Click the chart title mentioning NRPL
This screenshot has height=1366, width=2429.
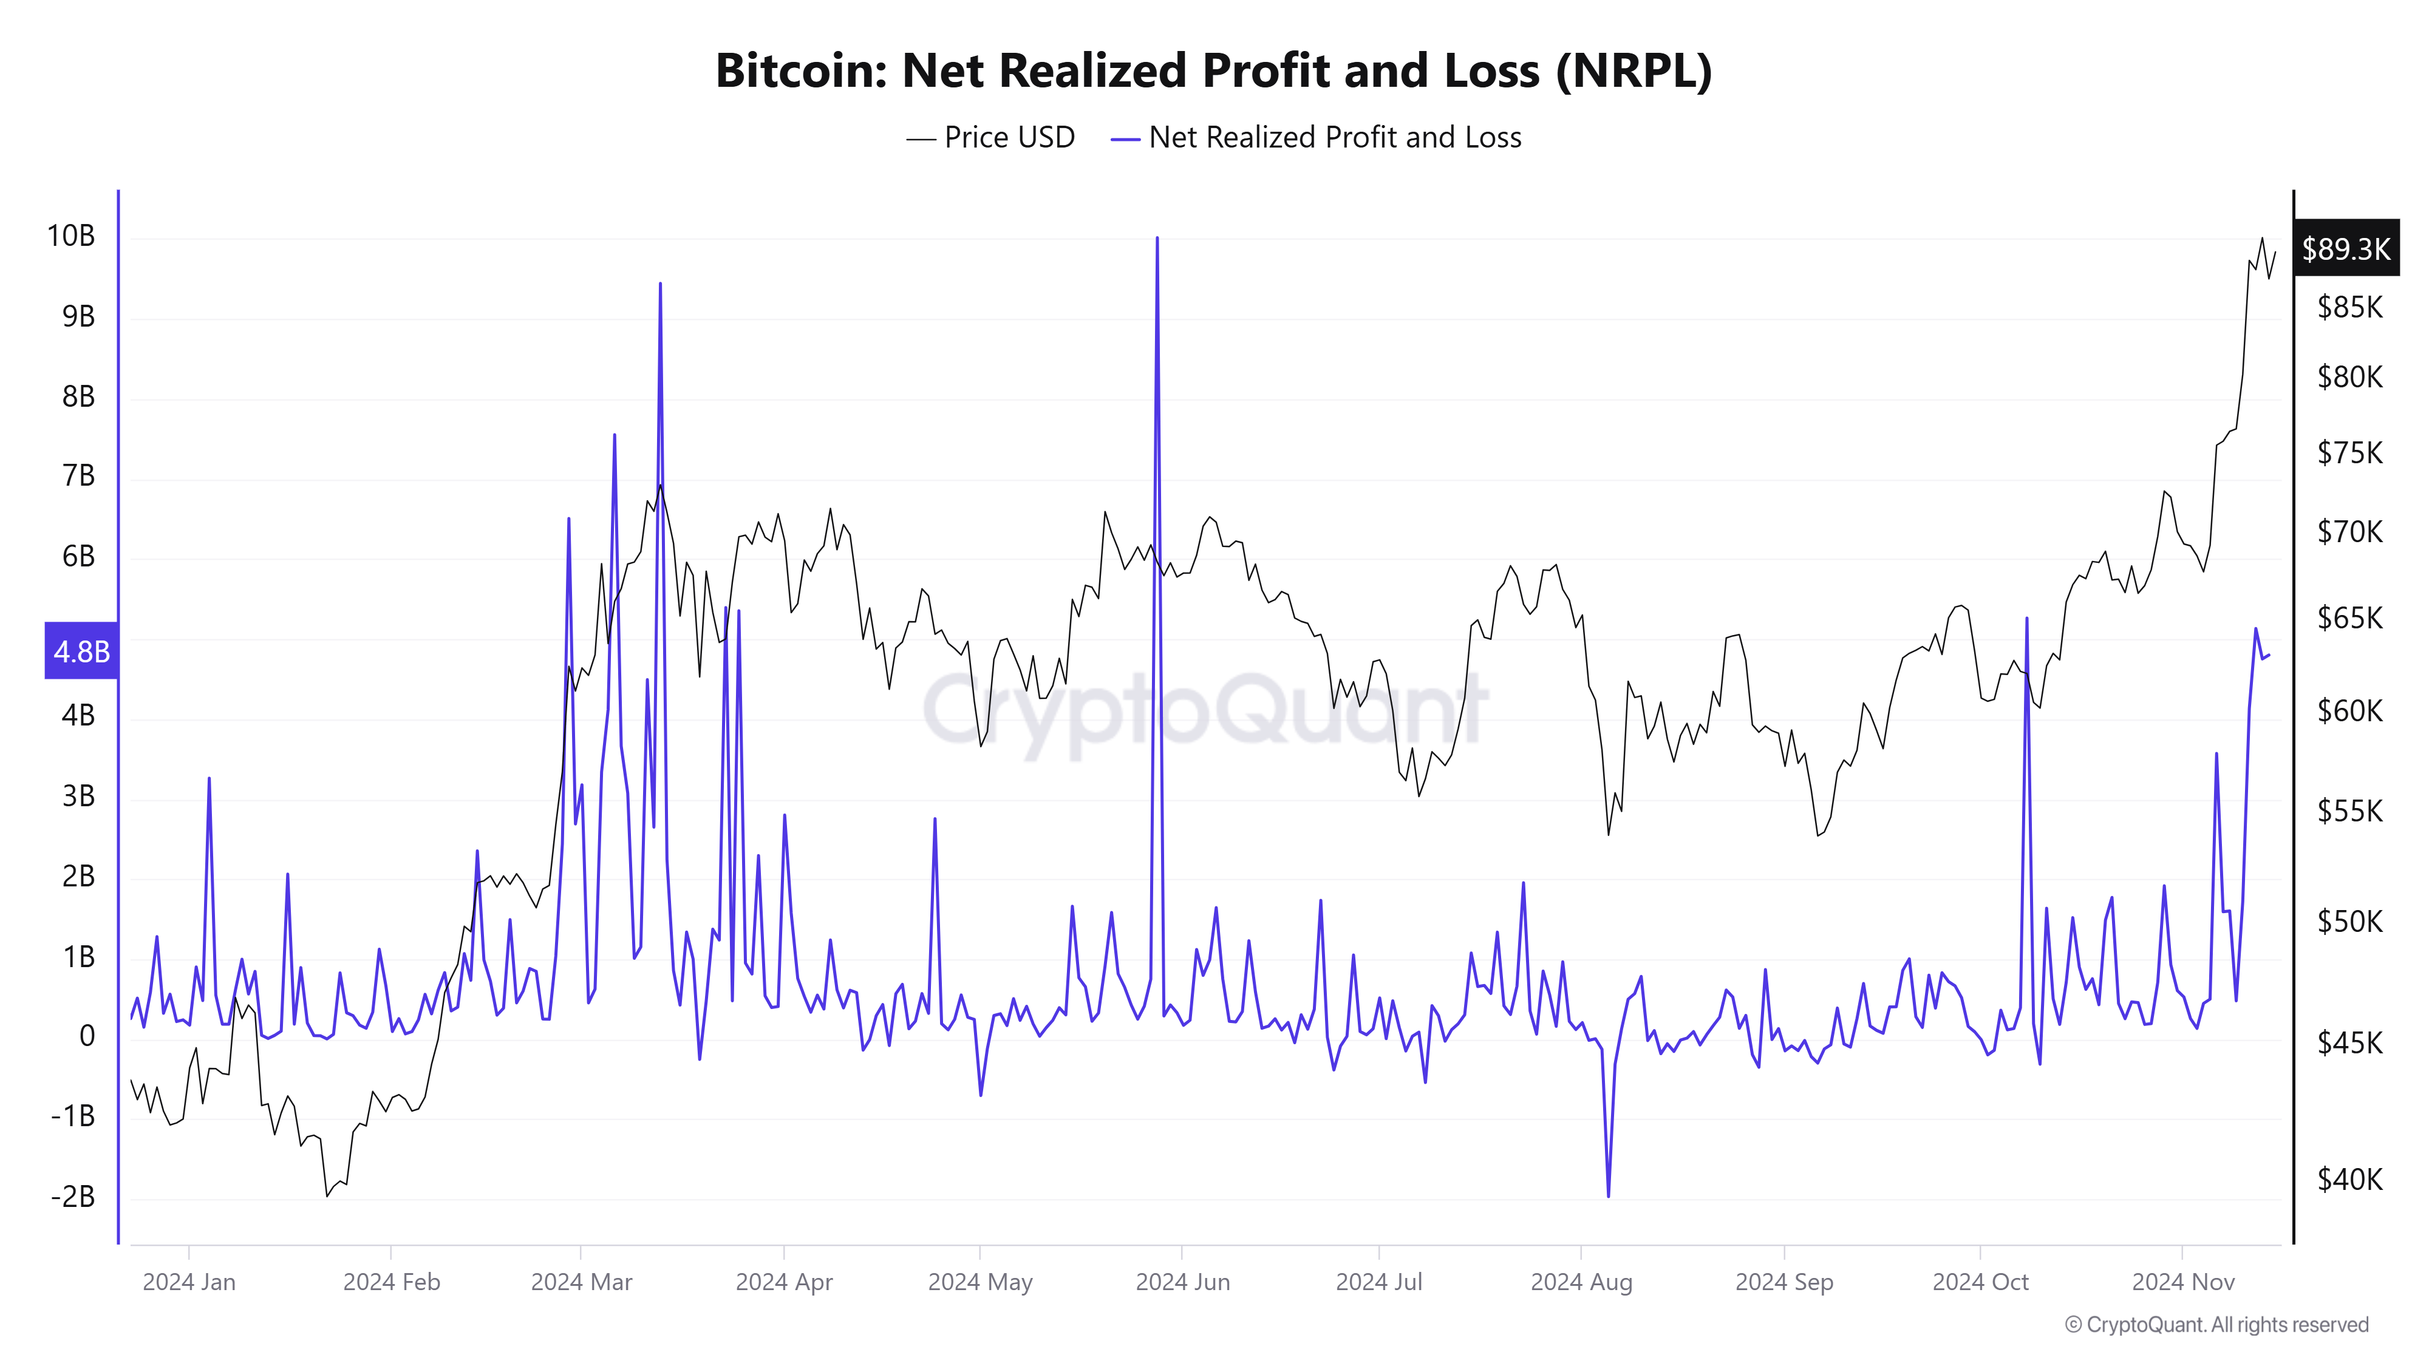(x=1213, y=70)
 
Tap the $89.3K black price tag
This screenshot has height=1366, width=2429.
(x=2345, y=249)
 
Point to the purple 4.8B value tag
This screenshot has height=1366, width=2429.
(x=81, y=650)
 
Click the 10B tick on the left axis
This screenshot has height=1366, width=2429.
(x=72, y=236)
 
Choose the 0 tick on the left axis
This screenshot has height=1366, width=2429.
(x=87, y=1037)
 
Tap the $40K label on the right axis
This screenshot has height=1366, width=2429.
(x=2349, y=1180)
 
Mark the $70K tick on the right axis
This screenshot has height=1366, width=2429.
(x=2349, y=532)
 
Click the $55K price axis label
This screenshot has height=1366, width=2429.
(x=2349, y=810)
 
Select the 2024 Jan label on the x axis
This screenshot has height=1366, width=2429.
(x=189, y=1282)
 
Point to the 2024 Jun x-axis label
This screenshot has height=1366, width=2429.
(x=1182, y=1282)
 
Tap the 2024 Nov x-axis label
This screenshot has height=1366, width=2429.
(x=2183, y=1282)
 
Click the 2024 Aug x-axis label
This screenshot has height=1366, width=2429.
(x=1581, y=1282)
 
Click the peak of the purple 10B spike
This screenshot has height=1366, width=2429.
(x=1157, y=239)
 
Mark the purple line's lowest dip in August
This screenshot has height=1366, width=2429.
(x=1608, y=1196)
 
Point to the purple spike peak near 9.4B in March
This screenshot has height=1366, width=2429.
(x=660, y=284)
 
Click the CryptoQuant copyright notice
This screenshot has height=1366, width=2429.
(x=2216, y=1325)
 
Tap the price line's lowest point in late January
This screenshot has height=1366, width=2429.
(x=327, y=1196)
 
